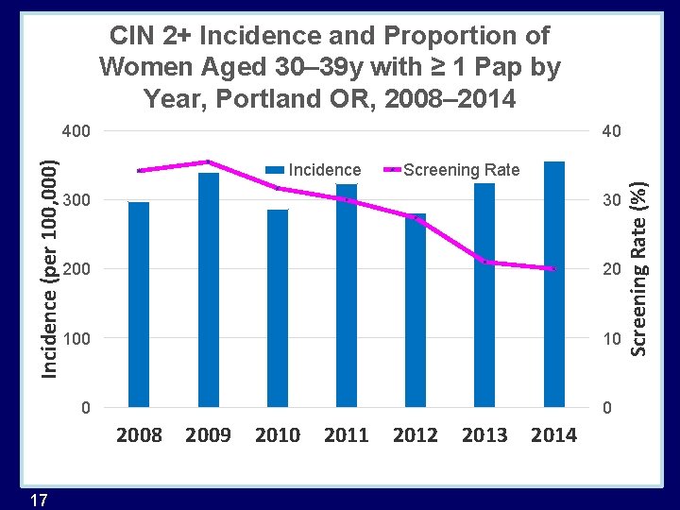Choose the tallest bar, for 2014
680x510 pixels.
tap(554, 284)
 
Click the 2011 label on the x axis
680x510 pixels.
tap(346, 435)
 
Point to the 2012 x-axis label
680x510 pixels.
tap(416, 435)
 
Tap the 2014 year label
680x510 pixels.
tap(553, 435)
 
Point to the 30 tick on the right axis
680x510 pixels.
tap(612, 201)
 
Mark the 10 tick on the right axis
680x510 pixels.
tap(612, 338)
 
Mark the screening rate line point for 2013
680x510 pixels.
tap(484, 262)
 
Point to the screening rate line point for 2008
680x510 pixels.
tap(139, 170)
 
